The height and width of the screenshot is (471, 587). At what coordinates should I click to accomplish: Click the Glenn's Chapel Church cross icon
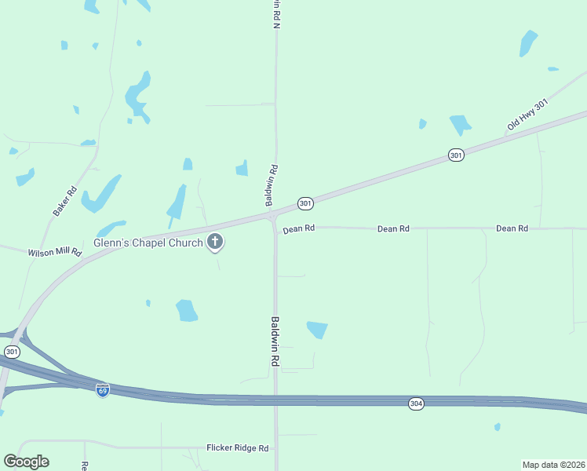pyautogui.click(x=215, y=243)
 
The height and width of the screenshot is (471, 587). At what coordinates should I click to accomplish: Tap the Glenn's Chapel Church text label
pyautogui.click(x=148, y=243)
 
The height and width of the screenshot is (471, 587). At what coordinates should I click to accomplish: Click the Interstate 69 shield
pyautogui.click(x=103, y=389)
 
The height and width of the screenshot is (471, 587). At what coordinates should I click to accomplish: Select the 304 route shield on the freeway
pyautogui.click(x=416, y=403)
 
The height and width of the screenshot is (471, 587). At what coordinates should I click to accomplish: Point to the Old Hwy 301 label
pyautogui.click(x=527, y=115)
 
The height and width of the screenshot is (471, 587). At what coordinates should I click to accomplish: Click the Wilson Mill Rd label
pyautogui.click(x=55, y=253)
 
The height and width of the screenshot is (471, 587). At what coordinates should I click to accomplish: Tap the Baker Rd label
pyautogui.click(x=64, y=201)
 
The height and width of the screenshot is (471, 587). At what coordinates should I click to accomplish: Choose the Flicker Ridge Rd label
pyautogui.click(x=238, y=448)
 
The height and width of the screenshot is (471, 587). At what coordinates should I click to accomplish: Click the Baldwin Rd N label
pyautogui.click(x=276, y=14)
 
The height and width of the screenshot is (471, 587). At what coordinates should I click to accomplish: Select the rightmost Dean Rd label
pyautogui.click(x=512, y=228)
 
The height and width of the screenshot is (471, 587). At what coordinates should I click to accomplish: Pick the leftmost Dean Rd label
pyautogui.click(x=299, y=228)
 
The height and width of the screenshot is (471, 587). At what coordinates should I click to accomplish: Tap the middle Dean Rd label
pyautogui.click(x=393, y=228)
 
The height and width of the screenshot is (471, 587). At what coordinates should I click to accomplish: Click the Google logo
pyautogui.click(x=26, y=462)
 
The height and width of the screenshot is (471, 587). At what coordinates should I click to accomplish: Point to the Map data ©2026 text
pyautogui.click(x=553, y=465)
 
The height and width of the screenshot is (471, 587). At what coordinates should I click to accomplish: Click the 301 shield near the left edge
pyautogui.click(x=12, y=352)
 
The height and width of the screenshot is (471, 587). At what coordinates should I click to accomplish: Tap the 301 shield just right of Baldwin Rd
pyautogui.click(x=306, y=204)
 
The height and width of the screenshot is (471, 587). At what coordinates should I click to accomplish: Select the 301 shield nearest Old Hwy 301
pyautogui.click(x=456, y=155)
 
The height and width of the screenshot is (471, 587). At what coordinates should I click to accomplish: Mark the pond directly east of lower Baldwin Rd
pyautogui.click(x=317, y=330)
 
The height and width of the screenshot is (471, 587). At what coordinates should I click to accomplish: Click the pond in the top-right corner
pyautogui.click(x=528, y=43)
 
